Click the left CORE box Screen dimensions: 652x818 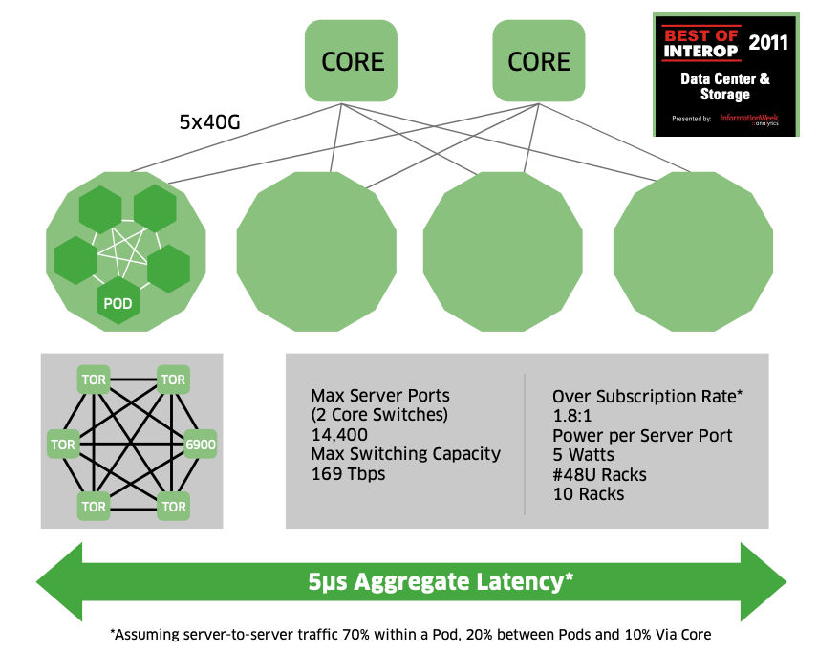[353, 62]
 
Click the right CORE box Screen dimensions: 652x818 [539, 62]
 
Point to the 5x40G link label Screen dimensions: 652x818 [211, 122]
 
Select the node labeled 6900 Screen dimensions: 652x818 [199, 444]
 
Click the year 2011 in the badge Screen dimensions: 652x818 [768, 42]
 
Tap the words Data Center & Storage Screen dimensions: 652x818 [724, 86]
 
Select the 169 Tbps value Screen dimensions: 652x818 [349, 472]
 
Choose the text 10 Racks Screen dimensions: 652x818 [589, 494]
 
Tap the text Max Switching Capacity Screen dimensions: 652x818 [405, 453]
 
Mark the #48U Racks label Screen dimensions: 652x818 [599, 474]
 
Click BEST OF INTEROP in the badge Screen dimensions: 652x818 [701, 41]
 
